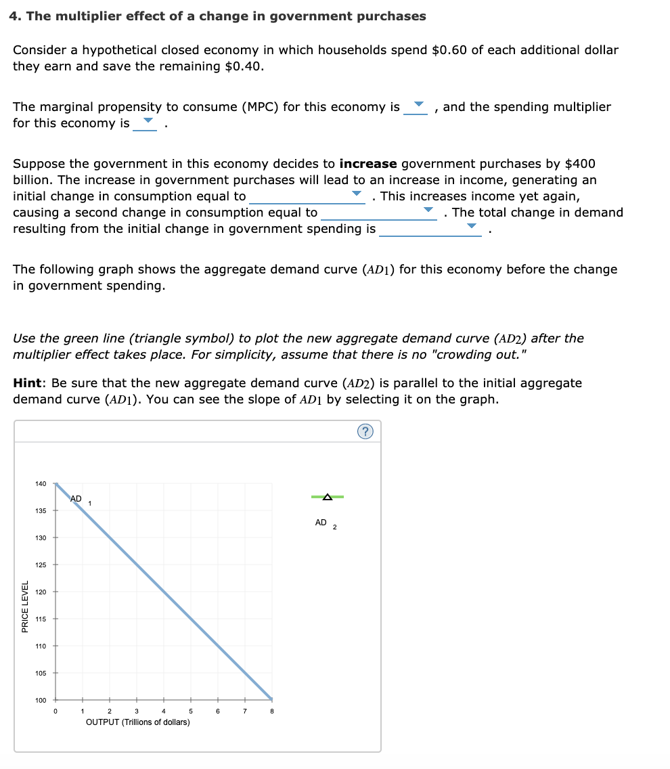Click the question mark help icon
tap(366, 433)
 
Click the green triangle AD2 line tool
tap(328, 498)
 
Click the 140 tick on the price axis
tap(41, 484)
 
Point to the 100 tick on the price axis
tap(41, 700)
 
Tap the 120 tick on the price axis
tap(41, 592)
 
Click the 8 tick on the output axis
tap(271, 711)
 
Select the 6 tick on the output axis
tap(217, 711)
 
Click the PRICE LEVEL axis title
tap(25, 607)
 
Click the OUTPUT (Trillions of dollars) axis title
tap(138, 722)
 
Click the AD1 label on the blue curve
tap(79, 500)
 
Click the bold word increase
tap(368, 164)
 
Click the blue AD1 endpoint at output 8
tap(271, 699)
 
